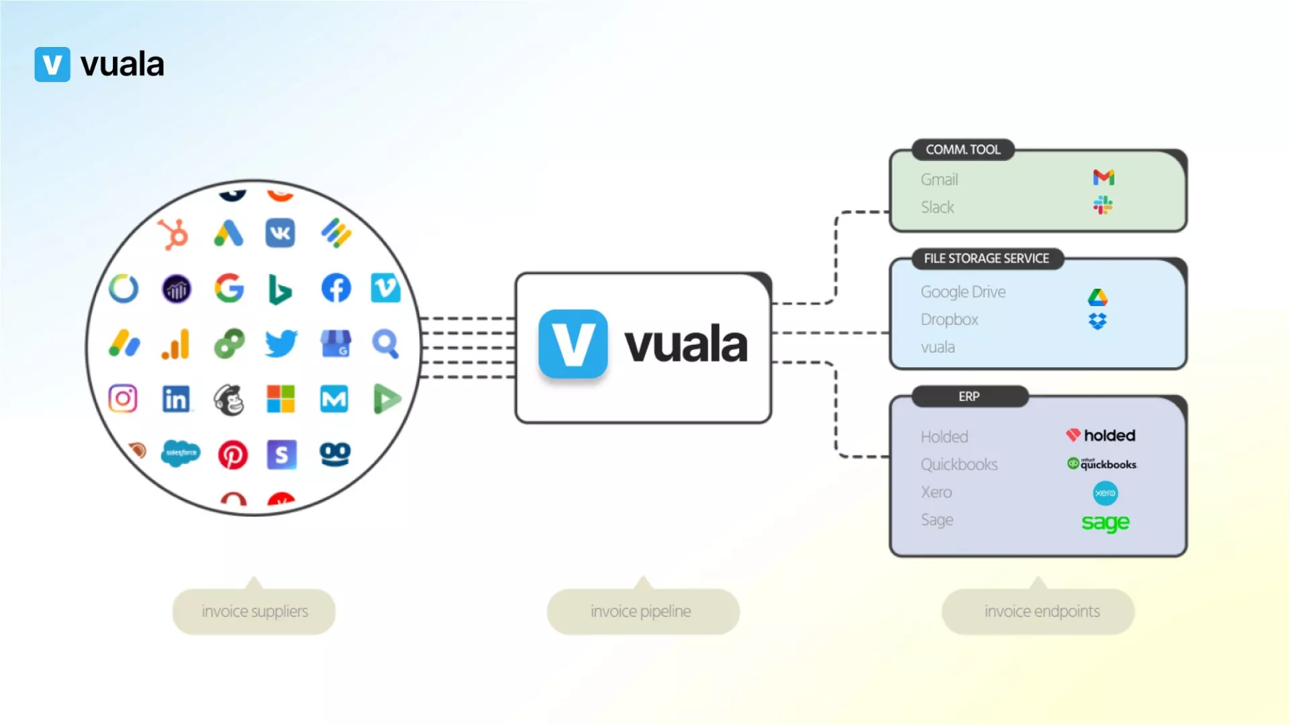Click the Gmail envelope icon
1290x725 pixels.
1103,178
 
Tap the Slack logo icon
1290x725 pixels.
1103,205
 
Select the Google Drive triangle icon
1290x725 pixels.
1097,297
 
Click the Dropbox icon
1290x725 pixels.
1097,322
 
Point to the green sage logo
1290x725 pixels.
1105,522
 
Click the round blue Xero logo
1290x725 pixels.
1105,493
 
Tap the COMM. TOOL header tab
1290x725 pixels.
963,150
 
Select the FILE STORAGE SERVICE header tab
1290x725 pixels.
986,258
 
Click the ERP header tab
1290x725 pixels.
969,397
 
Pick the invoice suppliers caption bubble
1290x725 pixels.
255,612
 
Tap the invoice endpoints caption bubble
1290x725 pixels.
1041,612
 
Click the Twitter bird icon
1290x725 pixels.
281,344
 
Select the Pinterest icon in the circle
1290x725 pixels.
232,455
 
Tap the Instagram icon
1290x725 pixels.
123,399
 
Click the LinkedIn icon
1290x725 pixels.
176,399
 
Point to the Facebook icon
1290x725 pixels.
336,289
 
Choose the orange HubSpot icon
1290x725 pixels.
173,234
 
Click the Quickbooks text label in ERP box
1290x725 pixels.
959,465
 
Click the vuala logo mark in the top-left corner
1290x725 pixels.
52,64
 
